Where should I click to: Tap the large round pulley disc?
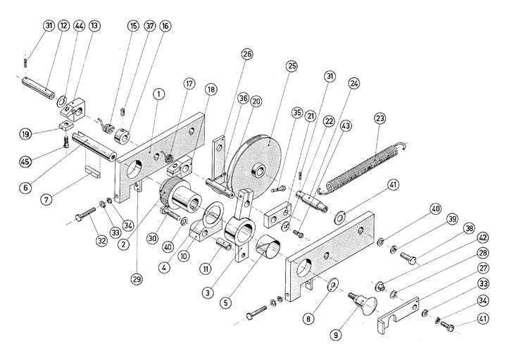pos(256,167)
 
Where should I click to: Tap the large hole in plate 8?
pos(307,266)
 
